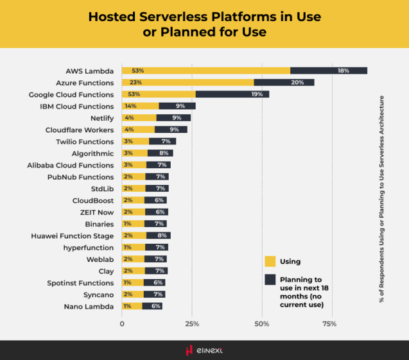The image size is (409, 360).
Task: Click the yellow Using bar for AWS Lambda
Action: pos(205,71)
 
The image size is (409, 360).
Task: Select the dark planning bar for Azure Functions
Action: pos(284,83)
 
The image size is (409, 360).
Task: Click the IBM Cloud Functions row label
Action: pos(76,107)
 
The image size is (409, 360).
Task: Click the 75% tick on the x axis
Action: pos(329,324)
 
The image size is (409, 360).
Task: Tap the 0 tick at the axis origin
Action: pos(122,324)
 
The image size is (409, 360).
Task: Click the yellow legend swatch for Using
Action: pos(270,261)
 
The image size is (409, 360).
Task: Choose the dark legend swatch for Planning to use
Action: pos(270,280)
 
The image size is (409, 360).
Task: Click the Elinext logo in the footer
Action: pos(204,350)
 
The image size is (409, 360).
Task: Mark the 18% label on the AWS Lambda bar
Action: pos(343,71)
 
